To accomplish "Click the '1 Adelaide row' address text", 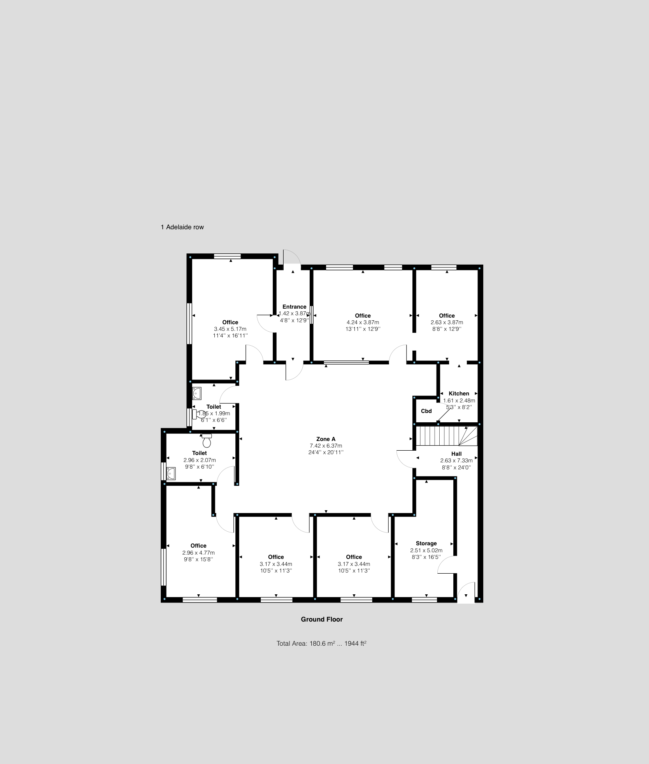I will [182, 227].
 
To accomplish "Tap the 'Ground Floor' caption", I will [321, 619].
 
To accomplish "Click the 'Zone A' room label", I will [326, 439].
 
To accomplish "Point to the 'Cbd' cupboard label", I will [426, 411].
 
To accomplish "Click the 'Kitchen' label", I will [459, 393].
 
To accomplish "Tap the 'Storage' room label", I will [426, 543].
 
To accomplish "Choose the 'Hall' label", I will [456, 454].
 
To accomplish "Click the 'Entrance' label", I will [294, 307].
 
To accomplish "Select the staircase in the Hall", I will [446, 436].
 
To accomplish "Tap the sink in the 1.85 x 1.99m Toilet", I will [197, 393].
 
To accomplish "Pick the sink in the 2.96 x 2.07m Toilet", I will [171, 474].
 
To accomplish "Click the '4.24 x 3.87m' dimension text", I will [363, 322].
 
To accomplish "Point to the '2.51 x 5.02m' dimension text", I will [426, 550].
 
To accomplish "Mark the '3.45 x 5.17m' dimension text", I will [230, 329].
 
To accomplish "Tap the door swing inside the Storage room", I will [446, 565].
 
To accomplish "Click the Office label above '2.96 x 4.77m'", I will [198, 546].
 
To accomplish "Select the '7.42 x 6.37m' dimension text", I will [326, 446].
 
